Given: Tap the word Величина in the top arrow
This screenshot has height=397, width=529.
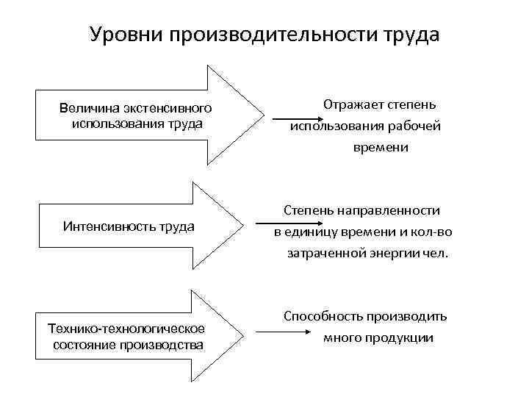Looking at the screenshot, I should (x=89, y=109).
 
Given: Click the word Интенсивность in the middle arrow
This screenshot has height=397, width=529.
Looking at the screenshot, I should (x=109, y=226).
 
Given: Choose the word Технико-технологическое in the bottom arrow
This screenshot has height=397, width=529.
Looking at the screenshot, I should (x=126, y=327).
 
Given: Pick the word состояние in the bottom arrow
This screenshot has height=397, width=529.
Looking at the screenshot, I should (x=82, y=344).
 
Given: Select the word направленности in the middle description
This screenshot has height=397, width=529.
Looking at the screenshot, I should (x=392, y=211).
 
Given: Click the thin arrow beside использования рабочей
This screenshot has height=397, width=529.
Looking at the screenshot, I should (x=295, y=119).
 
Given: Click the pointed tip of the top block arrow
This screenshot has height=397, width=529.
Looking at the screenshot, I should (x=262, y=115).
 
